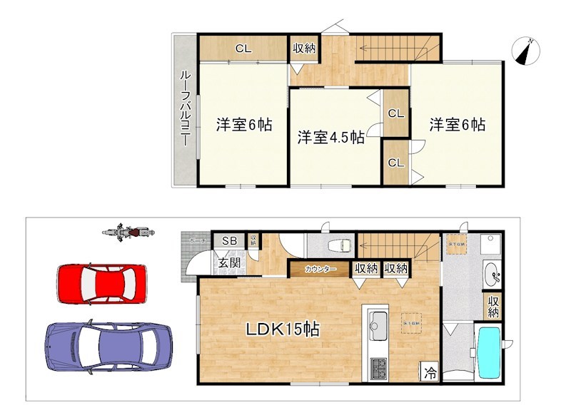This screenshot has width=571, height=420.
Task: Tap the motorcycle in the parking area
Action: tap(128, 232)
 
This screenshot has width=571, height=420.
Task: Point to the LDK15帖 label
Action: tap(282, 329)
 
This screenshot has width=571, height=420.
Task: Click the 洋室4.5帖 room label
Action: tap(330, 137)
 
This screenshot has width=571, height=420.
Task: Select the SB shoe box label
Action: tap(229, 241)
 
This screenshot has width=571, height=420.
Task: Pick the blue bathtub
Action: tap(489, 353)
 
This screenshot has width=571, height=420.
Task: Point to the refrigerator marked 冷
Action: tap(430, 372)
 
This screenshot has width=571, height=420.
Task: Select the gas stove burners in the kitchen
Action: tap(378, 369)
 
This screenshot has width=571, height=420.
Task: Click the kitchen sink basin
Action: tap(378, 327)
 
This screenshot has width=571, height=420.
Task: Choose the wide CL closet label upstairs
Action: tap(243, 49)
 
